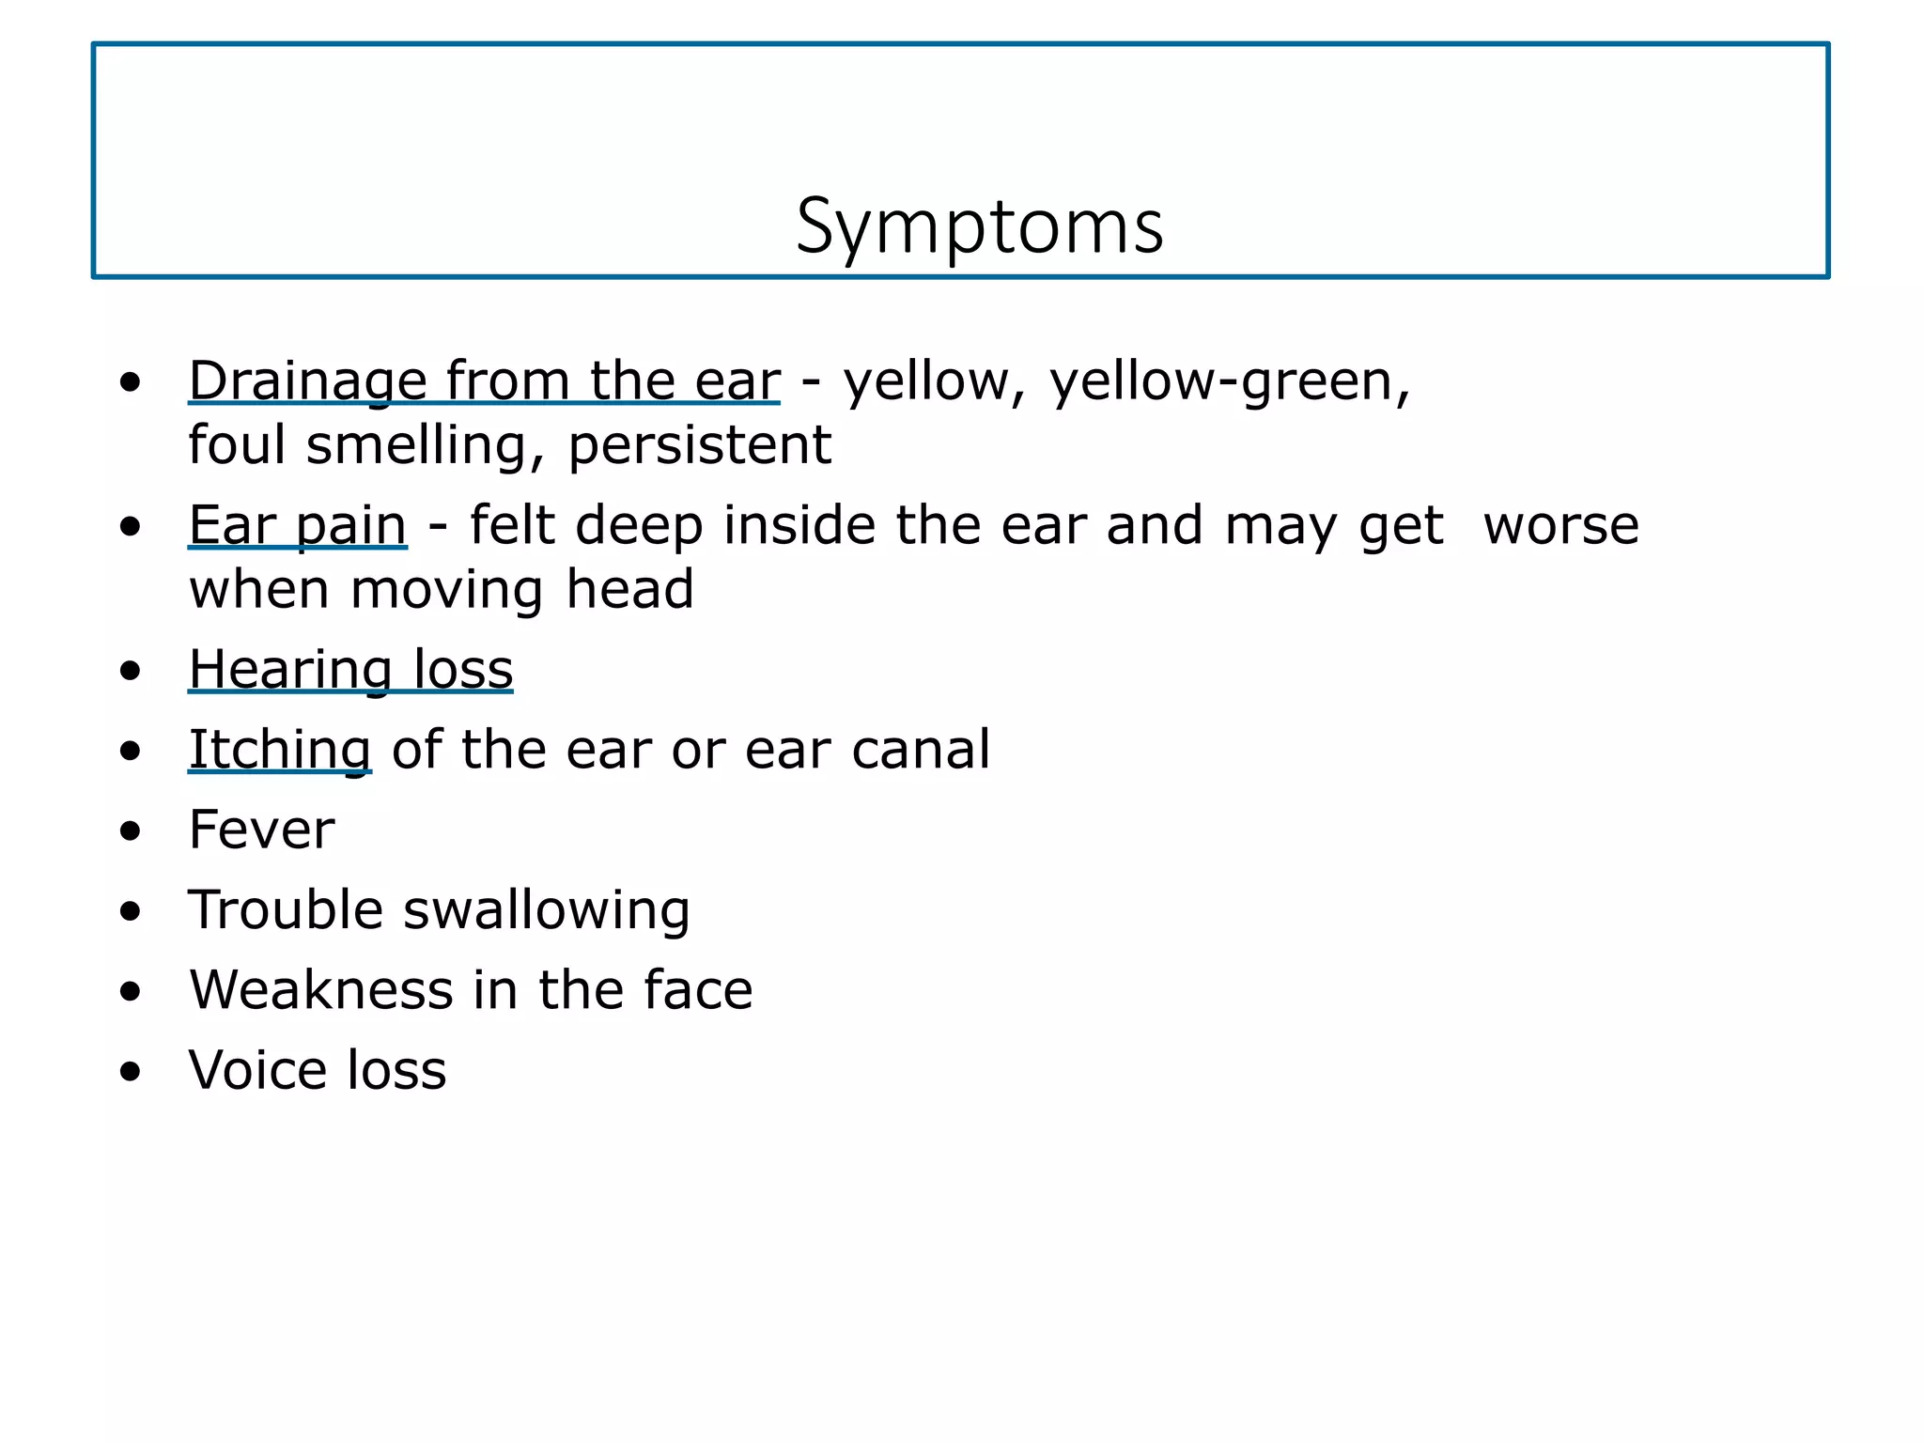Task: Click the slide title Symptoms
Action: pyautogui.click(x=979, y=227)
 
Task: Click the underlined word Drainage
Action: pyautogui.click(x=308, y=382)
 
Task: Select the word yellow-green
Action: pyautogui.click(x=1229, y=382)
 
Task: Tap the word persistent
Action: pyautogui.click(x=700, y=444)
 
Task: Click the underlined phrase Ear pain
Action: pyautogui.click(x=298, y=525)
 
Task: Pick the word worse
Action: pyautogui.click(x=1560, y=525)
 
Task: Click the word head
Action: pyautogui.click(x=629, y=589)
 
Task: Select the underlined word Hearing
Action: pyautogui.click(x=290, y=671)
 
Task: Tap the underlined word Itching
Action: pyautogui.click(x=280, y=751)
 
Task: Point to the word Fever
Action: pyautogui.click(x=261, y=830)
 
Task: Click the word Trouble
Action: pyautogui.click(x=286, y=909)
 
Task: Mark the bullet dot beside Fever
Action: pyautogui.click(x=131, y=831)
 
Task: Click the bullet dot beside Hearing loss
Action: pyautogui.click(x=131, y=671)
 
